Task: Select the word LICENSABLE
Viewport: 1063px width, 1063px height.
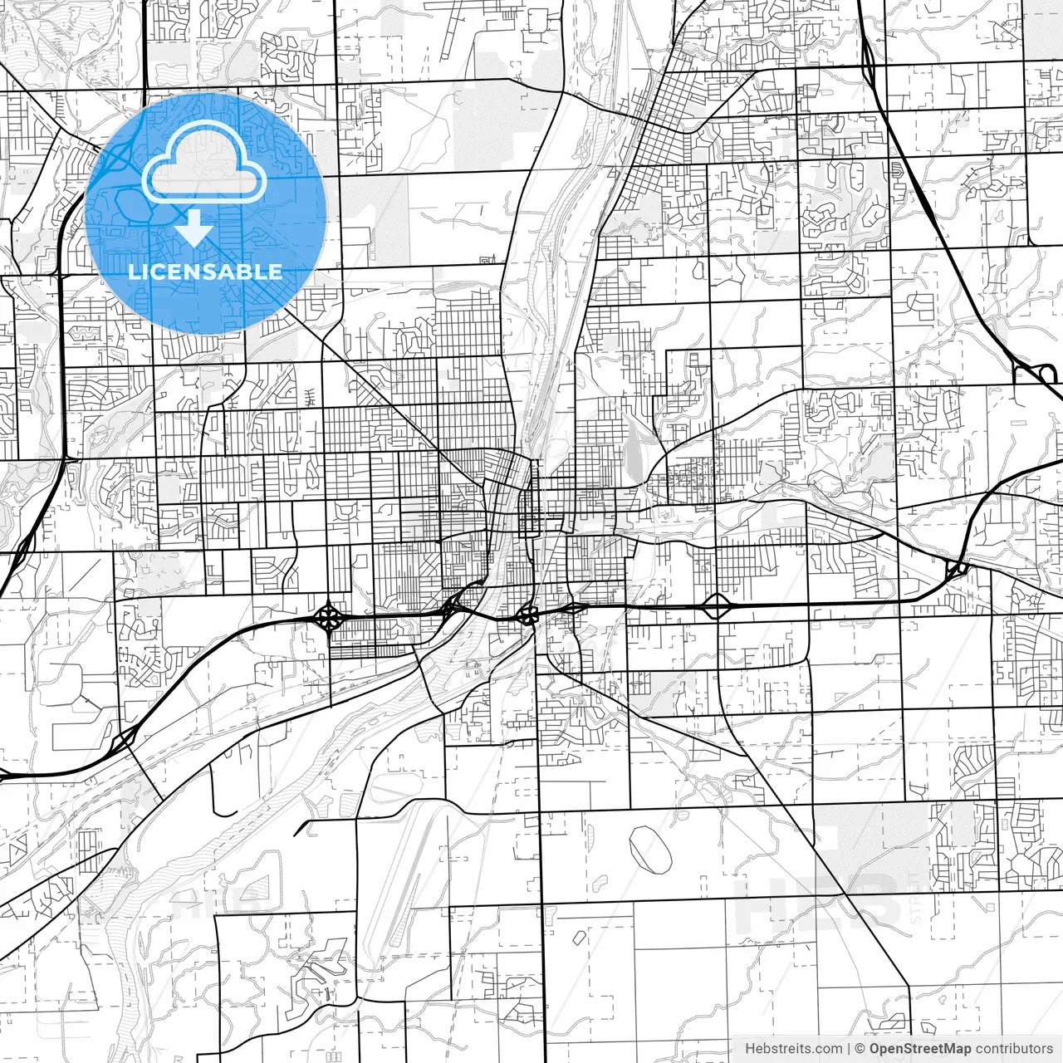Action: point(205,272)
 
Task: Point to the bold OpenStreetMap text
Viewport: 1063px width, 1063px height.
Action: point(920,1048)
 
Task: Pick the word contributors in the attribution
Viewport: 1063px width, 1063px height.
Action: point(1014,1048)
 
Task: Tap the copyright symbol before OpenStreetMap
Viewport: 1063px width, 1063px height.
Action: point(860,1048)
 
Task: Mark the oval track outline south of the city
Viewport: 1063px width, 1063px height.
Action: point(650,850)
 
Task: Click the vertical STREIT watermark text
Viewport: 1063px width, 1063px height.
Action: point(915,897)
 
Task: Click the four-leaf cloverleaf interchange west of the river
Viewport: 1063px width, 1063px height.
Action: point(330,618)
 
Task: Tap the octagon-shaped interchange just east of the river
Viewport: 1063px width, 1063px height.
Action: point(527,615)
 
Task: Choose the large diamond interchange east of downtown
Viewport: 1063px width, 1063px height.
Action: point(716,606)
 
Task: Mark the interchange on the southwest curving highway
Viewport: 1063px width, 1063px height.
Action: point(125,737)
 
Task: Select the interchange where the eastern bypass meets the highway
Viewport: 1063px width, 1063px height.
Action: point(955,570)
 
